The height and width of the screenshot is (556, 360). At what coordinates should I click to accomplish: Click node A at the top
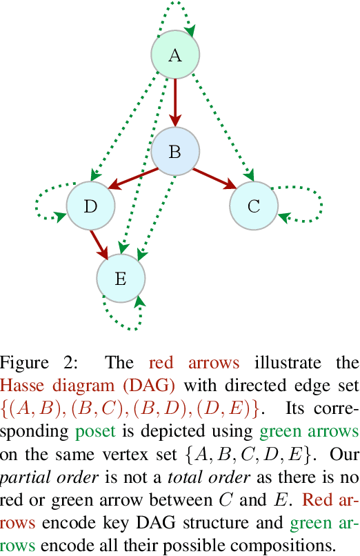(x=175, y=55)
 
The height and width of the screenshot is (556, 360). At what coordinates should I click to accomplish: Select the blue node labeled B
(x=175, y=152)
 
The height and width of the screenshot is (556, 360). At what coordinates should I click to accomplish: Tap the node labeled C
(x=254, y=206)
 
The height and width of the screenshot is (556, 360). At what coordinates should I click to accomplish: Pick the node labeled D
(x=90, y=206)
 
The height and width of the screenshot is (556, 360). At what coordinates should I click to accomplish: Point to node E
(x=121, y=279)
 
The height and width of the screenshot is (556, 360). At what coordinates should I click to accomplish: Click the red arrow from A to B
(x=175, y=103)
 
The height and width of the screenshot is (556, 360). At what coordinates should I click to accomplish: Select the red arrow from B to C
(x=216, y=179)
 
